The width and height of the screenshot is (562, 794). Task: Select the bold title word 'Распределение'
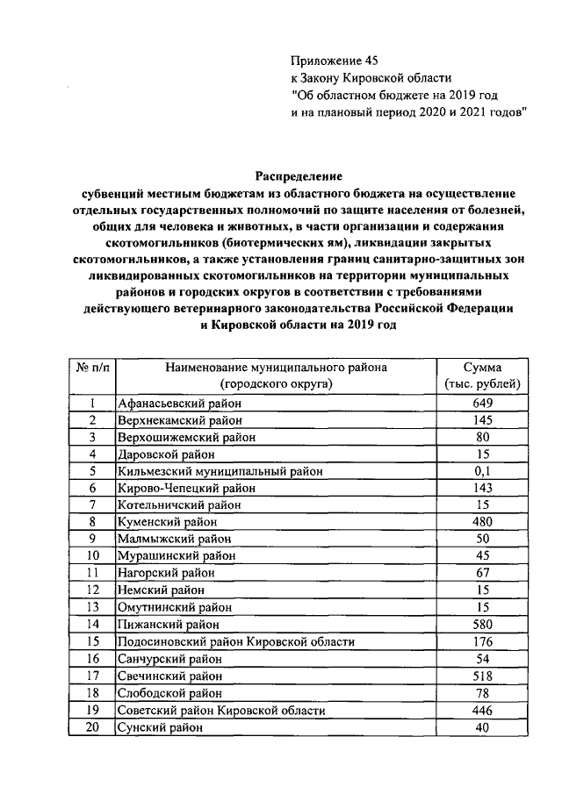click(x=299, y=175)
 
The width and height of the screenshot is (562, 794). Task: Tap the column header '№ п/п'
click(x=92, y=368)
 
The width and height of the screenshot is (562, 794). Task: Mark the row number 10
click(x=92, y=556)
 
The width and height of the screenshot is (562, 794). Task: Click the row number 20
click(x=92, y=727)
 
